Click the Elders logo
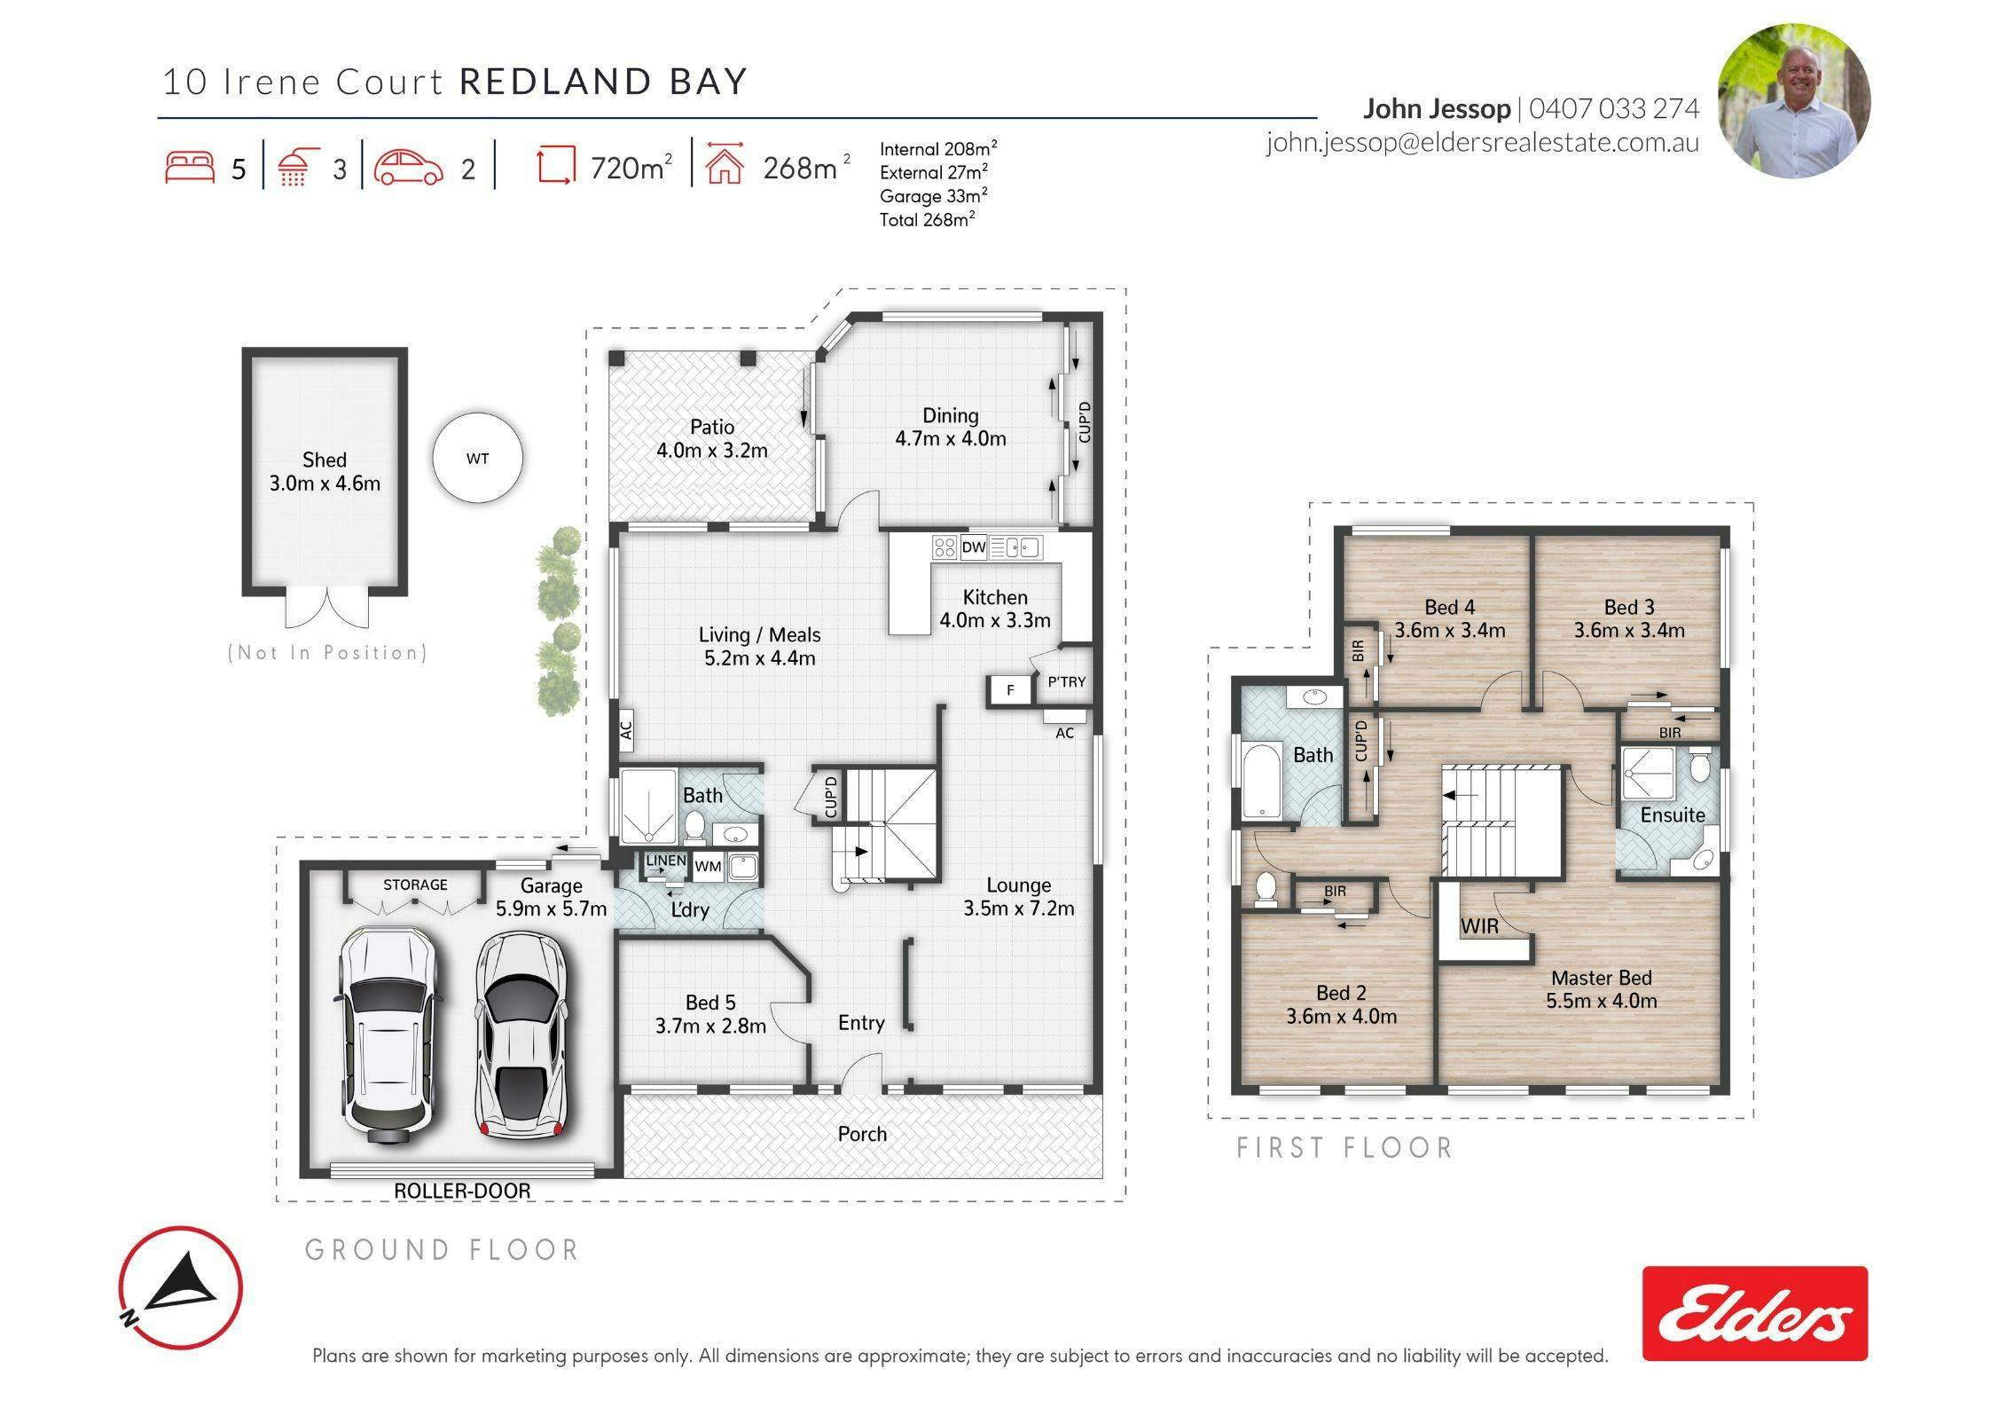tap(1755, 1313)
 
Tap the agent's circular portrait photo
tap(1794, 101)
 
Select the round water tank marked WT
tap(477, 459)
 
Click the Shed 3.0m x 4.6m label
tap(325, 471)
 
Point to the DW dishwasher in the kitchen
tap(973, 547)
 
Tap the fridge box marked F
tap(1009, 689)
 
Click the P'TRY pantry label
tap(1066, 682)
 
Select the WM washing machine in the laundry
tap(708, 867)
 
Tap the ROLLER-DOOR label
tap(462, 1191)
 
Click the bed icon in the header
tap(190, 167)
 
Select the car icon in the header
tap(408, 167)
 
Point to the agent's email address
tap(1482, 143)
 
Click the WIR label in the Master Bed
tap(1479, 926)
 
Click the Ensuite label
tap(1673, 814)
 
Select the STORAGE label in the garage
tap(415, 885)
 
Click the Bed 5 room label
tap(710, 1014)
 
